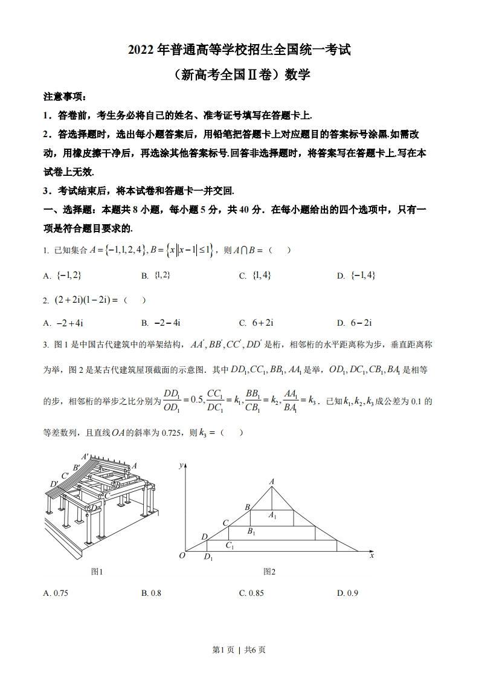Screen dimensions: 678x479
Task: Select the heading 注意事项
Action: (x=65, y=97)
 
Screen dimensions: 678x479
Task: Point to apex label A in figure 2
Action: (x=272, y=481)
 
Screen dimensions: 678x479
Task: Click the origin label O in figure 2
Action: (x=181, y=556)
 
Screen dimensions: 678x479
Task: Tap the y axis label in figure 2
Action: (x=181, y=466)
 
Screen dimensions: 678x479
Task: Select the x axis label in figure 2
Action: (x=372, y=555)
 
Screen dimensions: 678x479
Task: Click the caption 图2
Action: (x=269, y=572)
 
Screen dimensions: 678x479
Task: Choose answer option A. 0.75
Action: (x=56, y=593)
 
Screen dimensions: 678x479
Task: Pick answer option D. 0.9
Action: (x=348, y=593)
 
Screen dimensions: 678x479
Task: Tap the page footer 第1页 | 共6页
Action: (x=239, y=650)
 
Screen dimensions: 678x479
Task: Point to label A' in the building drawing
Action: (x=85, y=457)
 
